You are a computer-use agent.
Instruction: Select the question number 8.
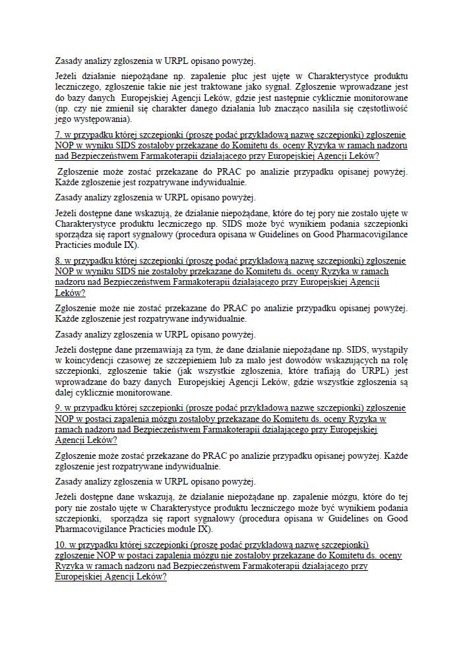click(58, 261)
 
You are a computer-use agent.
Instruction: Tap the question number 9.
click(58, 408)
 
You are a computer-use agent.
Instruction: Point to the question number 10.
click(60, 545)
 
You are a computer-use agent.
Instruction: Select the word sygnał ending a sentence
click(274, 86)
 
